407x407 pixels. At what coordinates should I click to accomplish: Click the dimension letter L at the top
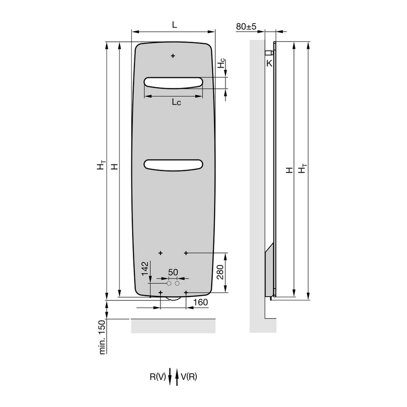[175, 25]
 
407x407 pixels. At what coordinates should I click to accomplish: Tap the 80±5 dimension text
[246, 26]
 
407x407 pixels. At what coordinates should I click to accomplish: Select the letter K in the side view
[269, 63]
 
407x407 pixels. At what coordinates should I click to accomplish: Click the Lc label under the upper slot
[176, 102]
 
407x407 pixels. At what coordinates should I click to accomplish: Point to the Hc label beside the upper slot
[221, 63]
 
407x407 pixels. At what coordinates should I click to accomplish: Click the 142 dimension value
[145, 268]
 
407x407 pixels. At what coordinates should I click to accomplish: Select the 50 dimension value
[173, 272]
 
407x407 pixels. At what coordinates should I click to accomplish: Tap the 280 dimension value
[220, 272]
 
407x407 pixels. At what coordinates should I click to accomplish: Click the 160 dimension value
[201, 302]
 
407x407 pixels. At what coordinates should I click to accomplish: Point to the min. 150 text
[103, 337]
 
